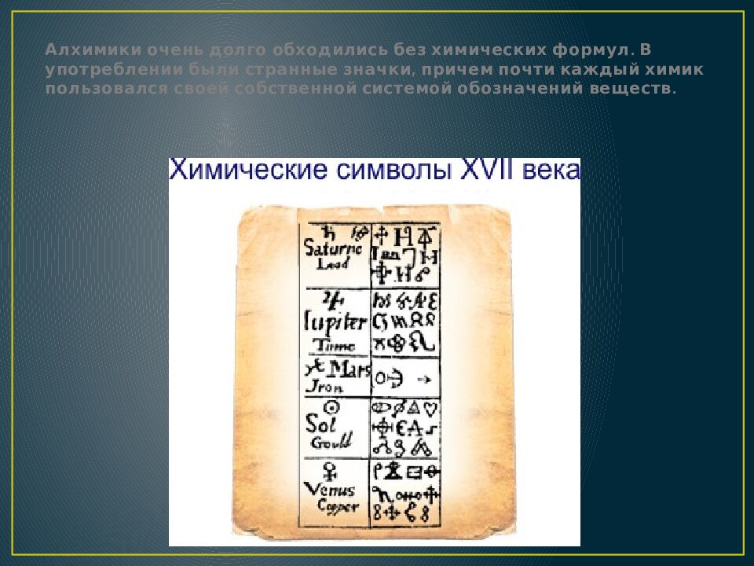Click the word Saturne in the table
[333, 249]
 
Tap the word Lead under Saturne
[332, 266]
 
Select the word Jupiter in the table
[335, 322]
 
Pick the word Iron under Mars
[323, 387]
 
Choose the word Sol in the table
[322, 424]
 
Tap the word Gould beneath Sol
[324, 442]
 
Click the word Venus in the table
[330, 489]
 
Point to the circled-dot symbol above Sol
[332, 407]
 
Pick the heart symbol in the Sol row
[430, 409]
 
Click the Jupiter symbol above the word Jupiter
[334, 299]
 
